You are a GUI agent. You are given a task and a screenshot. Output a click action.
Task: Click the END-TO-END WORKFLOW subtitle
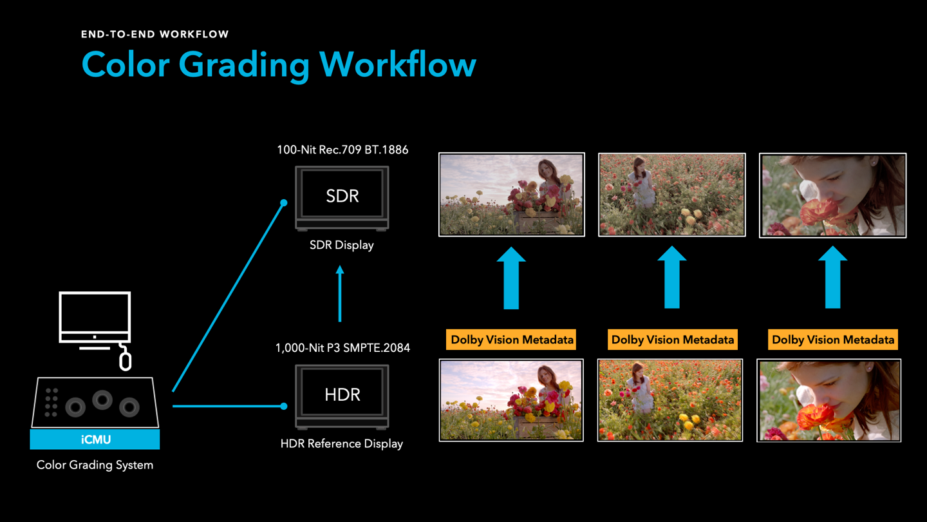click(x=154, y=34)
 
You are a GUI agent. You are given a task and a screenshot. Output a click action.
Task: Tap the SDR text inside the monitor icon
click(x=342, y=196)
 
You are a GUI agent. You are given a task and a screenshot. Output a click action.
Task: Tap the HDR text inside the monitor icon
click(x=342, y=394)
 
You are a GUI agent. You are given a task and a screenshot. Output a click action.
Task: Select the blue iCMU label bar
click(x=95, y=439)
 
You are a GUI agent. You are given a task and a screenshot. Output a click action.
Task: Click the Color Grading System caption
click(x=95, y=465)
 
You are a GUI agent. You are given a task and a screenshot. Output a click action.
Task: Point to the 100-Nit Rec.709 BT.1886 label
click(x=342, y=150)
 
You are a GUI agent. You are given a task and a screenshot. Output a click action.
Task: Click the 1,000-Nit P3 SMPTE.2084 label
click(x=342, y=347)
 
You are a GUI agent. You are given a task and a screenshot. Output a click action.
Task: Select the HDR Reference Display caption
click(x=342, y=443)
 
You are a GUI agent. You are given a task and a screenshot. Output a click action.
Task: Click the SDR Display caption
click(x=342, y=245)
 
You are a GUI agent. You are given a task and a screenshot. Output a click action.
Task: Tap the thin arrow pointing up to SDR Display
click(x=340, y=293)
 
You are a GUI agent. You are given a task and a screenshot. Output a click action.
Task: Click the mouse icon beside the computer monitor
click(x=125, y=360)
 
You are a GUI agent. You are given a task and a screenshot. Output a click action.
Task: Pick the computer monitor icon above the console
click(x=95, y=320)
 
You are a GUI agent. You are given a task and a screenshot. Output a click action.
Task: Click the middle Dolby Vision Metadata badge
click(x=673, y=340)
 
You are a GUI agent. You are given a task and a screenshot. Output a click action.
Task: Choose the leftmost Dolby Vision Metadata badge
click(x=511, y=340)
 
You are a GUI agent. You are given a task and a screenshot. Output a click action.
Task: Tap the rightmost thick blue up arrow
click(x=832, y=277)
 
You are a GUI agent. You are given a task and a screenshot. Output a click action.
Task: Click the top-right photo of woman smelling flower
click(x=832, y=195)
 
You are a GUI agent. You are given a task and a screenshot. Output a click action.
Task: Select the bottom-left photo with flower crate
click(x=511, y=400)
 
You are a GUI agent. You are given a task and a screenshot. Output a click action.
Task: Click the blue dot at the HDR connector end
click(x=284, y=406)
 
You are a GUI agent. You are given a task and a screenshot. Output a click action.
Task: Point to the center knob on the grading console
click(x=102, y=400)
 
